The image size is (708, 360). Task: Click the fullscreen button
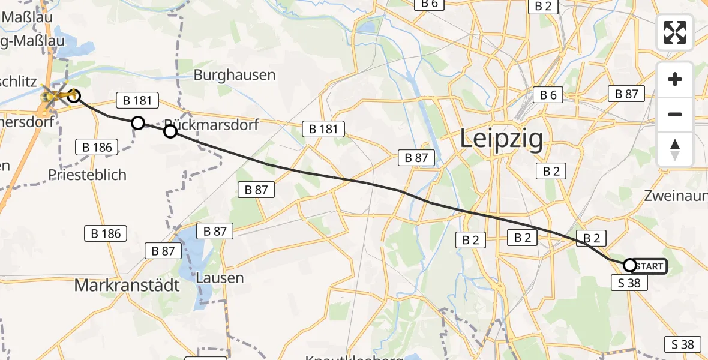pyautogui.click(x=675, y=32)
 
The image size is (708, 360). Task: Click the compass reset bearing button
pyautogui.click(x=675, y=149)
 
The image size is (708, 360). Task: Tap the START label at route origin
pyautogui.click(x=649, y=266)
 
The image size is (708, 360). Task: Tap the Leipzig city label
pyautogui.click(x=502, y=139)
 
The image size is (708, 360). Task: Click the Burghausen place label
pyautogui.click(x=235, y=75)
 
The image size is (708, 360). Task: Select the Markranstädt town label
pyautogui.click(x=127, y=286)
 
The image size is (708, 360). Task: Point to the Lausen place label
pyautogui.click(x=220, y=278)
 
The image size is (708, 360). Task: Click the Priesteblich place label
pyautogui.click(x=88, y=175)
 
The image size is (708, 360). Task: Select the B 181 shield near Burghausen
pyautogui.click(x=137, y=100)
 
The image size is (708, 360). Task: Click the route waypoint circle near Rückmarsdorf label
pyautogui.click(x=170, y=131)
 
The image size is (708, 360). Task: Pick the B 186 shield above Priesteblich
pyautogui.click(x=96, y=146)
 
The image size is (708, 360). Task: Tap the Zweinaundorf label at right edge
pyautogui.click(x=675, y=196)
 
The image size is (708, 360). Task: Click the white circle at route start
pyautogui.click(x=630, y=265)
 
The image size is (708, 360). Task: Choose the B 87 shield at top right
pyautogui.click(x=626, y=94)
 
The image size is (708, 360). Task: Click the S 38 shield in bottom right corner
pyautogui.click(x=683, y=344)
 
